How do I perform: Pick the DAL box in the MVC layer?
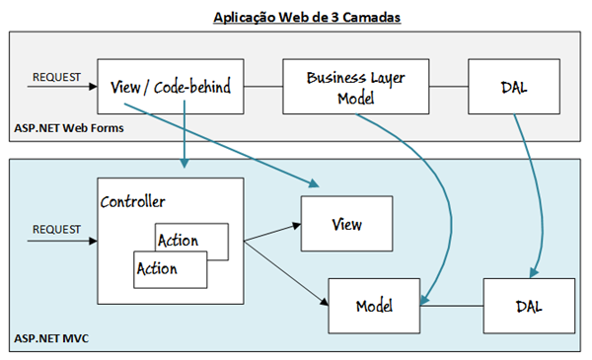coord(529,307)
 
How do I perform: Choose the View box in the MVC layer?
coord(345,224)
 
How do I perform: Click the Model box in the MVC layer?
coord(374,307)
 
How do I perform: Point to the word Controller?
coord(133,201)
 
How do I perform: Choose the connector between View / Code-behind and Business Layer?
coord(259,86)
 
